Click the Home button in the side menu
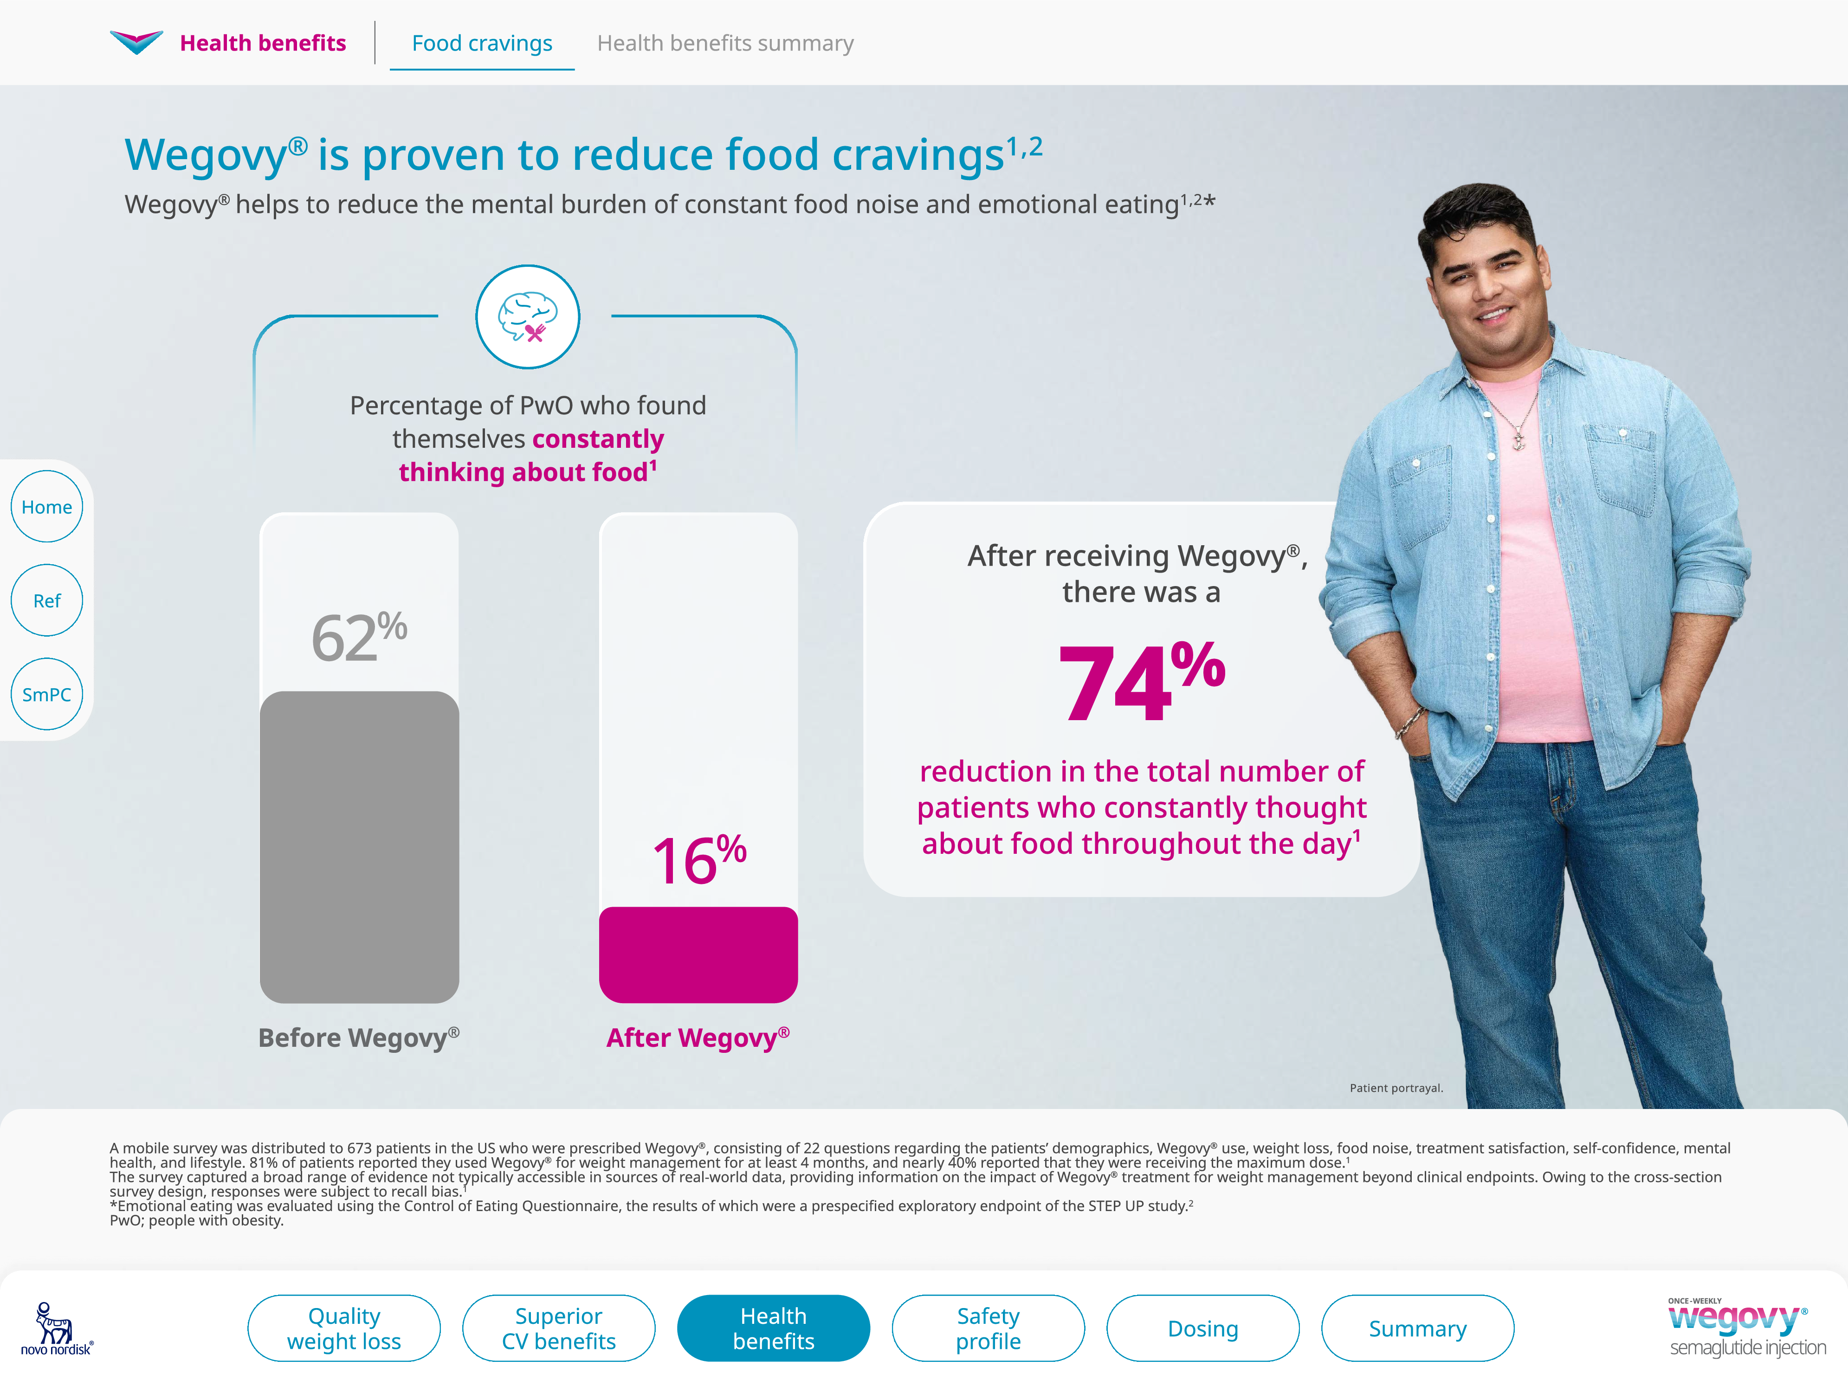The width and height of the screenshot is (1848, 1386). click(47, 507)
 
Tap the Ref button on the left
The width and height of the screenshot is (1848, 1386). click(47, 601)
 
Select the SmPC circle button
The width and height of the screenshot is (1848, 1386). click(47, 694)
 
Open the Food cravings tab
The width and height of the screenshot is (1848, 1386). click(482, 44)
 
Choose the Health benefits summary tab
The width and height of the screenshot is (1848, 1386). click(725, 44)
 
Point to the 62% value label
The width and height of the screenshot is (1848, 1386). click(359, 638)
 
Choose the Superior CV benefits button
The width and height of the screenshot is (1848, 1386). click(558, 1328)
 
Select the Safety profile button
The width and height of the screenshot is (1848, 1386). click(989, 1328)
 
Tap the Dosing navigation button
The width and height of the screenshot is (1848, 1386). click(1203, 1328)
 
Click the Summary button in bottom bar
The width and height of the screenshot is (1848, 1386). click(1418, 1328)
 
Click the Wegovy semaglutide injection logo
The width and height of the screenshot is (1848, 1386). click(1746, 1328)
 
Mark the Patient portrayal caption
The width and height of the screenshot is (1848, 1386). click(1396, 1088)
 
